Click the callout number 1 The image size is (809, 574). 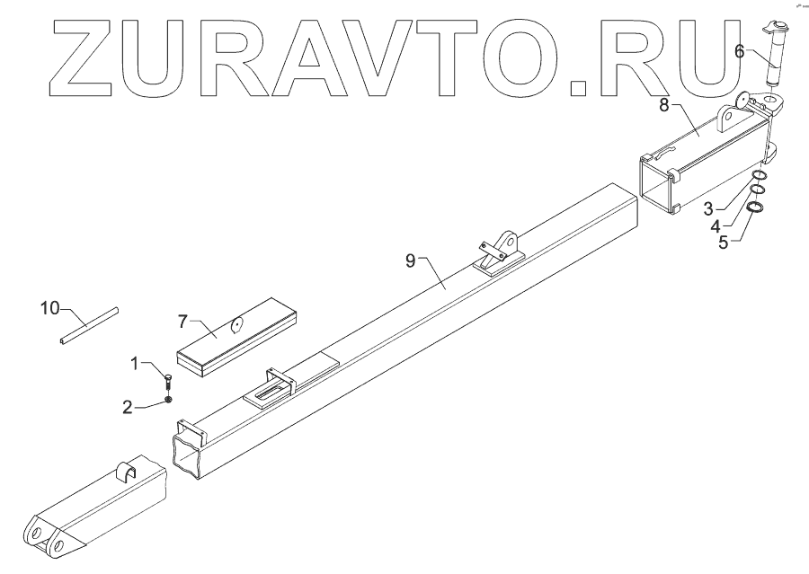pyautogui.click(x=136, y=364)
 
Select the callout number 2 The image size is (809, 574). pyautogui.click(x=128, y=407)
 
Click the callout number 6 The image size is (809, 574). pyautogui.click(x=740, y=52)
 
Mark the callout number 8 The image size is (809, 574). pyautogui.click(x=665, y=105)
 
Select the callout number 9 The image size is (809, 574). pyautogui.click(x=410, y=261)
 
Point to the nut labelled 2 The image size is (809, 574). pyautogui.click(x=168, y=399)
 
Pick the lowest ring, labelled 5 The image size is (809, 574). pyautogui.click(x=755, y=208)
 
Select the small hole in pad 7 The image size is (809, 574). pyautogui.click(x=238, y=325)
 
